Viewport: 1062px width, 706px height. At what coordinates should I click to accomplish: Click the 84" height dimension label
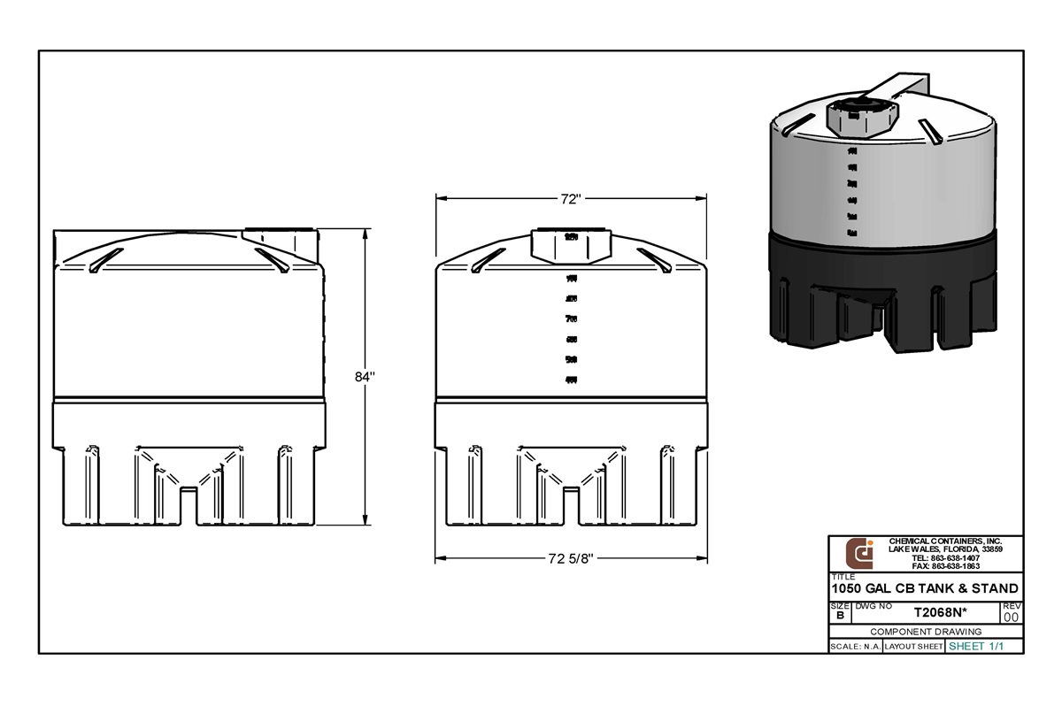365,376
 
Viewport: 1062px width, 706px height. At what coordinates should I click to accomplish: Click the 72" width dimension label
570,199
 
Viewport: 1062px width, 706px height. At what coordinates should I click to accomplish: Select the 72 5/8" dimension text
570,558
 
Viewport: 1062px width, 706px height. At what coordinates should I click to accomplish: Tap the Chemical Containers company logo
859,553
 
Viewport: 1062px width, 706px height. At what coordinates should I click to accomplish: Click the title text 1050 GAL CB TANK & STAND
925,588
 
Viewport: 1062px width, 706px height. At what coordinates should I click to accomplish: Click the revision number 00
1012,617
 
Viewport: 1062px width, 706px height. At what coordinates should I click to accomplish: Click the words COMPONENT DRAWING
926,632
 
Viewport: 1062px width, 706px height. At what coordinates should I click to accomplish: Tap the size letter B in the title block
839,615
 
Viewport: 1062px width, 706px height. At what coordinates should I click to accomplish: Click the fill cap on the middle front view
570,243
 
